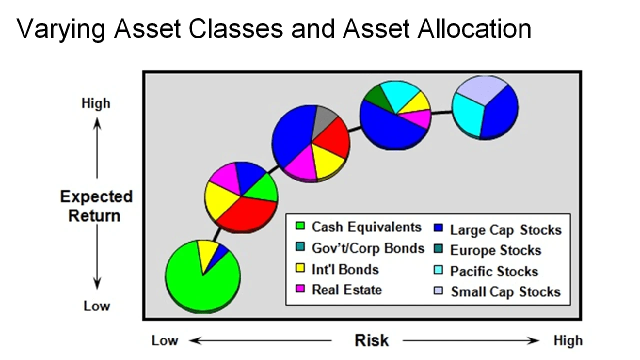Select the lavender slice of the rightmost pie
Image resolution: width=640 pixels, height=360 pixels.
[481, 89]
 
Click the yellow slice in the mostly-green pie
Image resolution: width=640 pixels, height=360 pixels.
[207, 253]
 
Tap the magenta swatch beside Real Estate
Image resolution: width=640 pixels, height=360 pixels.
[300, 289]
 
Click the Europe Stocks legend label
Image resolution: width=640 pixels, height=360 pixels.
[495, 250]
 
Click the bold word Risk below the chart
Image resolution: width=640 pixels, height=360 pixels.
[371, 340]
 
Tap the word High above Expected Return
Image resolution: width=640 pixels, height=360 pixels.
[95, 103]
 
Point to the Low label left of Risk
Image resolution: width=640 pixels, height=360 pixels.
[164, 340]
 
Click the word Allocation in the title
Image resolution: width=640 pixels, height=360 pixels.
[474, 28]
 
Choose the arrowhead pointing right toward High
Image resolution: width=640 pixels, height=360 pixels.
[533, 340]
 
